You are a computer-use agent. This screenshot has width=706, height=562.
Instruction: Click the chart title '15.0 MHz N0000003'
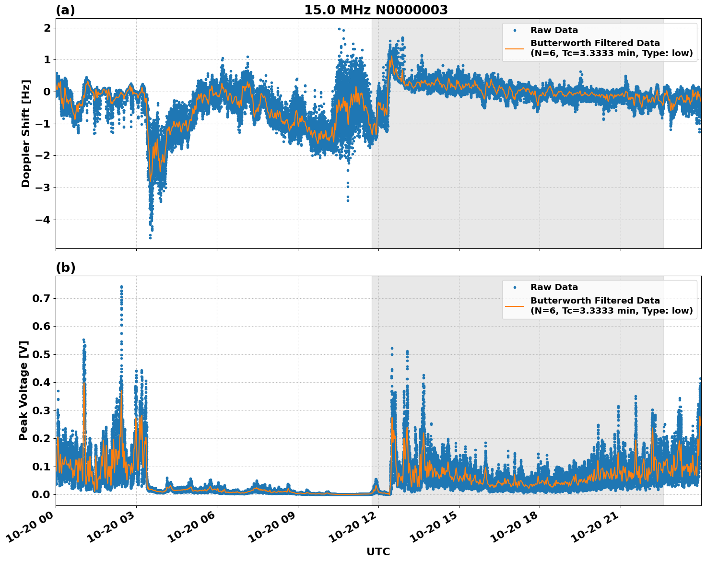tap(376, 10)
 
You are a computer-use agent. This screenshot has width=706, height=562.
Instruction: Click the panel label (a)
tap(65, 10)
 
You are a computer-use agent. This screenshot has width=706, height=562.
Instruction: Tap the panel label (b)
tap(65, 268)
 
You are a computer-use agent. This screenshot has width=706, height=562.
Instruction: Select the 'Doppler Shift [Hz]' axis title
tap(26, 133)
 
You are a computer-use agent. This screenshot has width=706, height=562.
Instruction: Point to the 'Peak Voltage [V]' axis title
tap(24, 390)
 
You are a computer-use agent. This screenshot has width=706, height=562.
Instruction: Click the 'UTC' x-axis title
tap(378, 551)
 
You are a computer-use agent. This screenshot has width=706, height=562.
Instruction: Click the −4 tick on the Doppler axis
tap(44, 220)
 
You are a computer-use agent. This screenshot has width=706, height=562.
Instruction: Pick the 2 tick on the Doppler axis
tap(47, 28)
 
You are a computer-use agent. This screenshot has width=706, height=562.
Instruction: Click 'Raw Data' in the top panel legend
tap(554, 30)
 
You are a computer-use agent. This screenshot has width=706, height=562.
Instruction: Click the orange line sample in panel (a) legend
tap(514, 48)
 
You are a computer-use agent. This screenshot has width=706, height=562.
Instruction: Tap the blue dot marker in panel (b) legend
tap(514, 287)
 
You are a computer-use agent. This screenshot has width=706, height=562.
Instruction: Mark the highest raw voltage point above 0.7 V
tap(121, 287)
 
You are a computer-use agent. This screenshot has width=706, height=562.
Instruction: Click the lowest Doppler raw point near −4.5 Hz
tap(150, 237)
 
